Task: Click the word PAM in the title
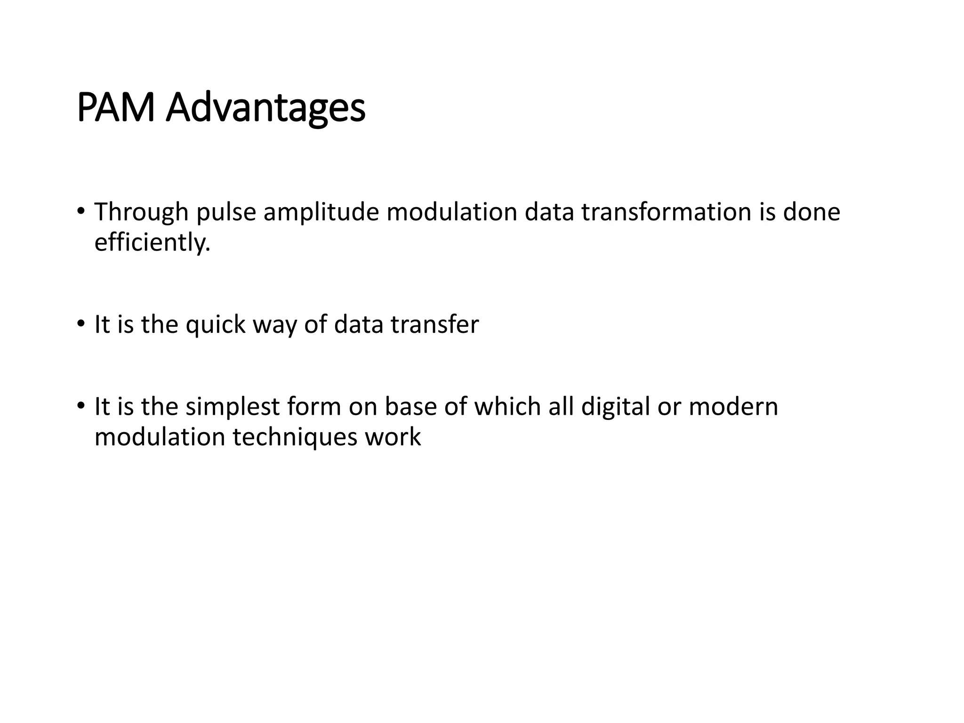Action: click(116, 108)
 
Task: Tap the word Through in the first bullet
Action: click(141, 213)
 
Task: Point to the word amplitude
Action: click(321, 213)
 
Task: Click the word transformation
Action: click(667, 212)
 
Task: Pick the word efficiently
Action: click(152, 243)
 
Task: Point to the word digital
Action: click(615, 407)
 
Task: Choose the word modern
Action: click(733, 407)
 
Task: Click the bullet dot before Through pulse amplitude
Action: click(81, 210)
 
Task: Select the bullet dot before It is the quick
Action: click(81, 323)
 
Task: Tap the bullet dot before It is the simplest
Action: click(81, 405)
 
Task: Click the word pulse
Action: click(226, 213)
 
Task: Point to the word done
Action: click(811, 212)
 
